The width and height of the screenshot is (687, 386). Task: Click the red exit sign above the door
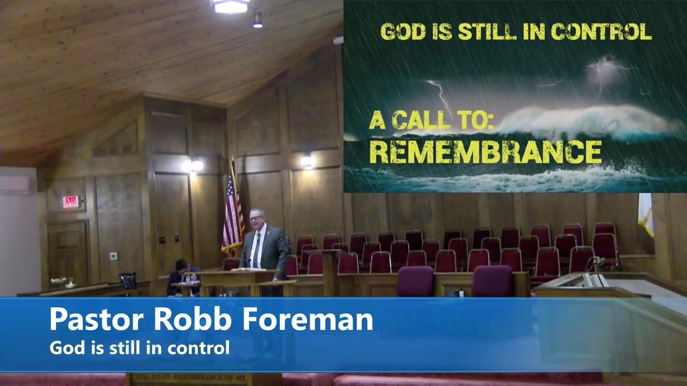(70, 202)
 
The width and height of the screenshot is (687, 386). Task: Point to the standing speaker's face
(256, 218)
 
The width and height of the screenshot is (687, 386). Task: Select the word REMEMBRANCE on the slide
(485, 152)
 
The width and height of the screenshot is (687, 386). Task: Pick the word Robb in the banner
(193, 320)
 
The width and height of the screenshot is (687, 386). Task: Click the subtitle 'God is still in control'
(140, 348)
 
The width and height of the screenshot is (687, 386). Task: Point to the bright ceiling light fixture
(230, 6)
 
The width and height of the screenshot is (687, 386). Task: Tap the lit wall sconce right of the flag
(306, 160)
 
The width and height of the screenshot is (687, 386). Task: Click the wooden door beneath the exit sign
(68, 252)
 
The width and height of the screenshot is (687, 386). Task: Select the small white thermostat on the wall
(113, 256)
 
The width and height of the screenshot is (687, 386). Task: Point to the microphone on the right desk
(597, 263)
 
